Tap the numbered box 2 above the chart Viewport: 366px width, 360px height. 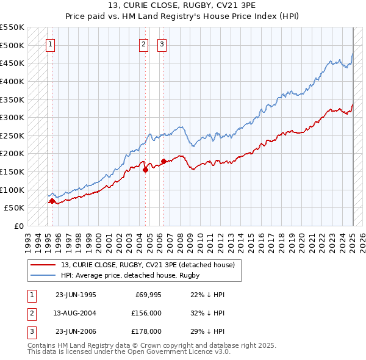click(x=143, y=43)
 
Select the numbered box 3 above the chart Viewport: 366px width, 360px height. click(x=162, y=43)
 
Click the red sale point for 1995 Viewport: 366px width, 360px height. click(x=52, y=200)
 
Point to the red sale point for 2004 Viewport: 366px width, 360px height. click(x=145, y=170)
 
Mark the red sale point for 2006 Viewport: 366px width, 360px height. click(x=163, y=162)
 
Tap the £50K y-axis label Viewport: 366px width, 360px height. click(x=15, y=207)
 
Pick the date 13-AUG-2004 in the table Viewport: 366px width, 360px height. click(x=75, y=313)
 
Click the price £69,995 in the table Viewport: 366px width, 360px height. click(x=147, y=295)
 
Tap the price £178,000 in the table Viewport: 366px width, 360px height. click(x=147, y=331)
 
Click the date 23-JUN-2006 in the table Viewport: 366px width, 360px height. click(x=75, y=331)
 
